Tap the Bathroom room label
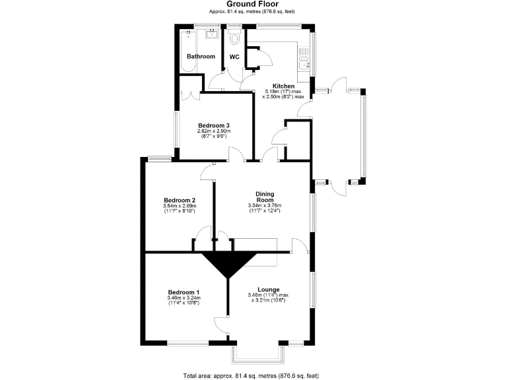[x=201, y=57]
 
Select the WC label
[x=234, y=57]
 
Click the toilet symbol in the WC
[x=234, y=39]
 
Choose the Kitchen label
[x=284, y=86]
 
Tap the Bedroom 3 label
[x=214, y=125]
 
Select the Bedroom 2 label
[x=180, y=201]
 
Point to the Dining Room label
[x=265, y=197]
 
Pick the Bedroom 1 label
[x=184, y=292]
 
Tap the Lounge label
[x=269, y=290]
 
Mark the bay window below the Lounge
[x=260, y=355]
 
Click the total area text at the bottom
[x=253, y=375]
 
